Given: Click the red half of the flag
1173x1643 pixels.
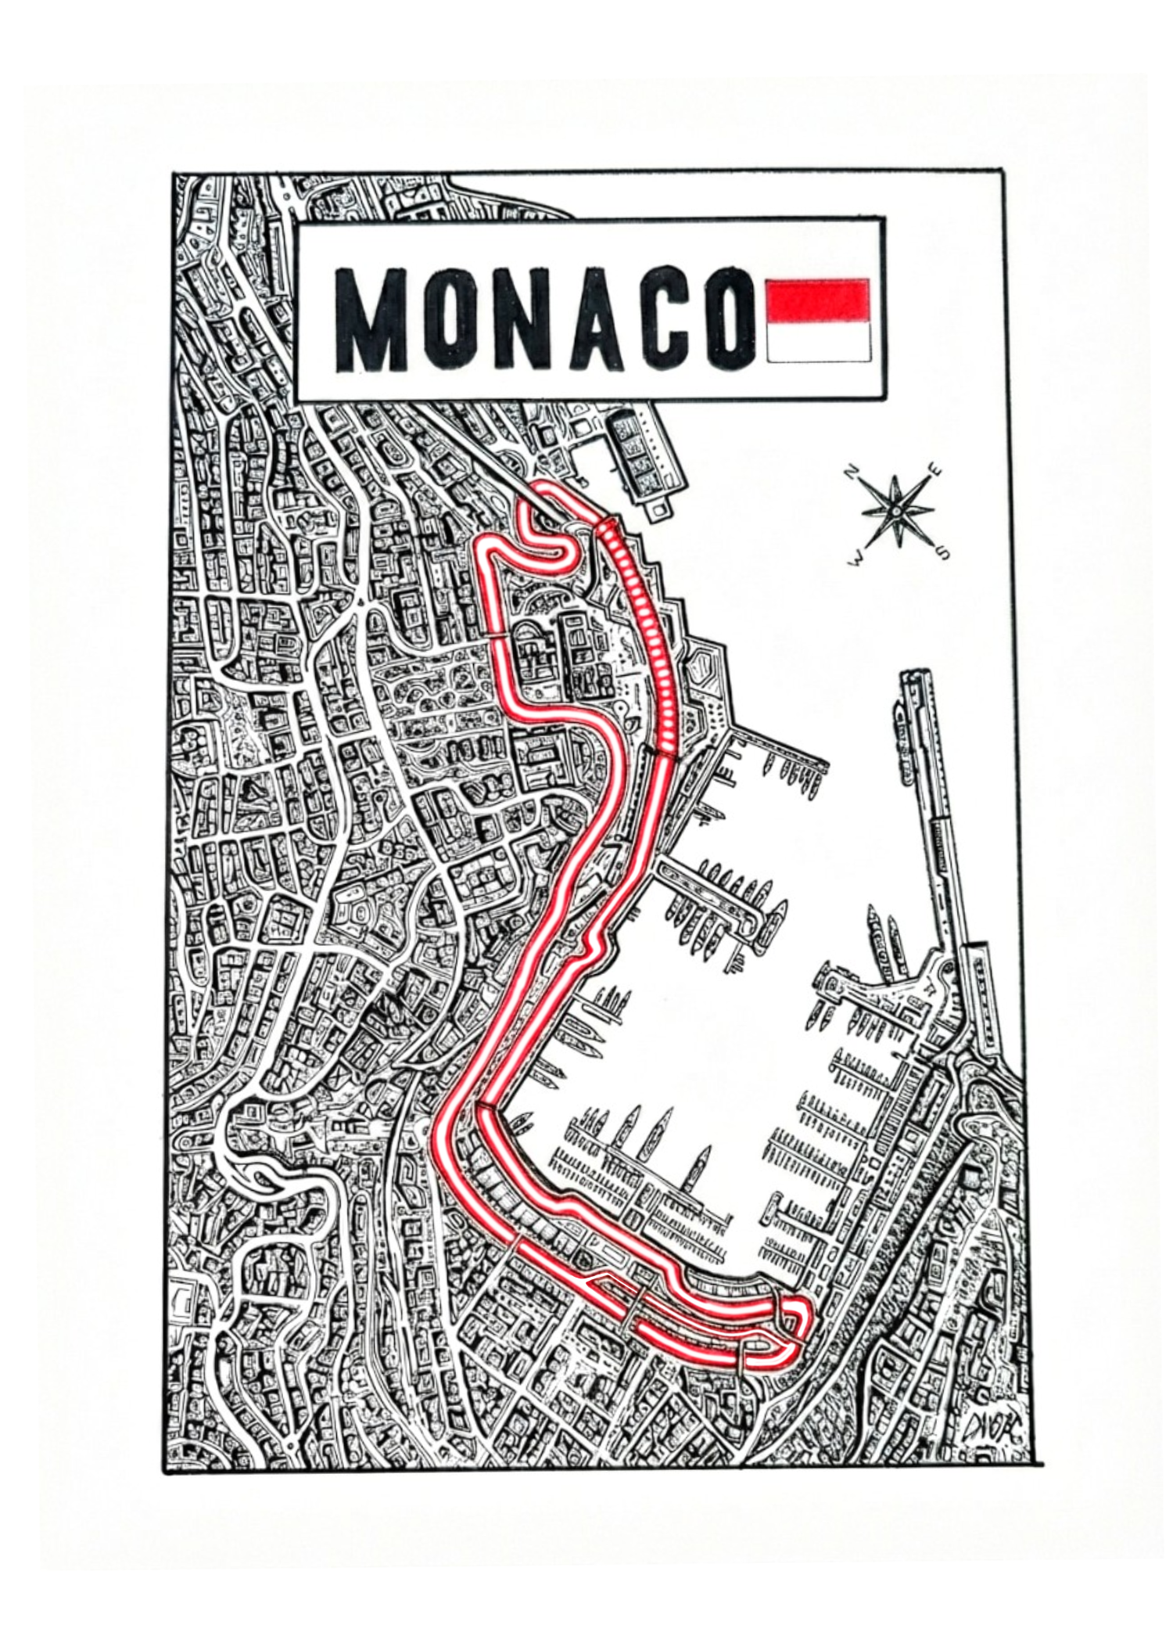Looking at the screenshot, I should [x=819, y=300].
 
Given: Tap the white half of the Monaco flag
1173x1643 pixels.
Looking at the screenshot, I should [x=819, y=343].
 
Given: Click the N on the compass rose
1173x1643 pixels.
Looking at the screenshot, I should [x=852, y=473].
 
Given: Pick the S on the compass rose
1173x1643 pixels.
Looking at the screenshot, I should [x=942, y=552].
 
